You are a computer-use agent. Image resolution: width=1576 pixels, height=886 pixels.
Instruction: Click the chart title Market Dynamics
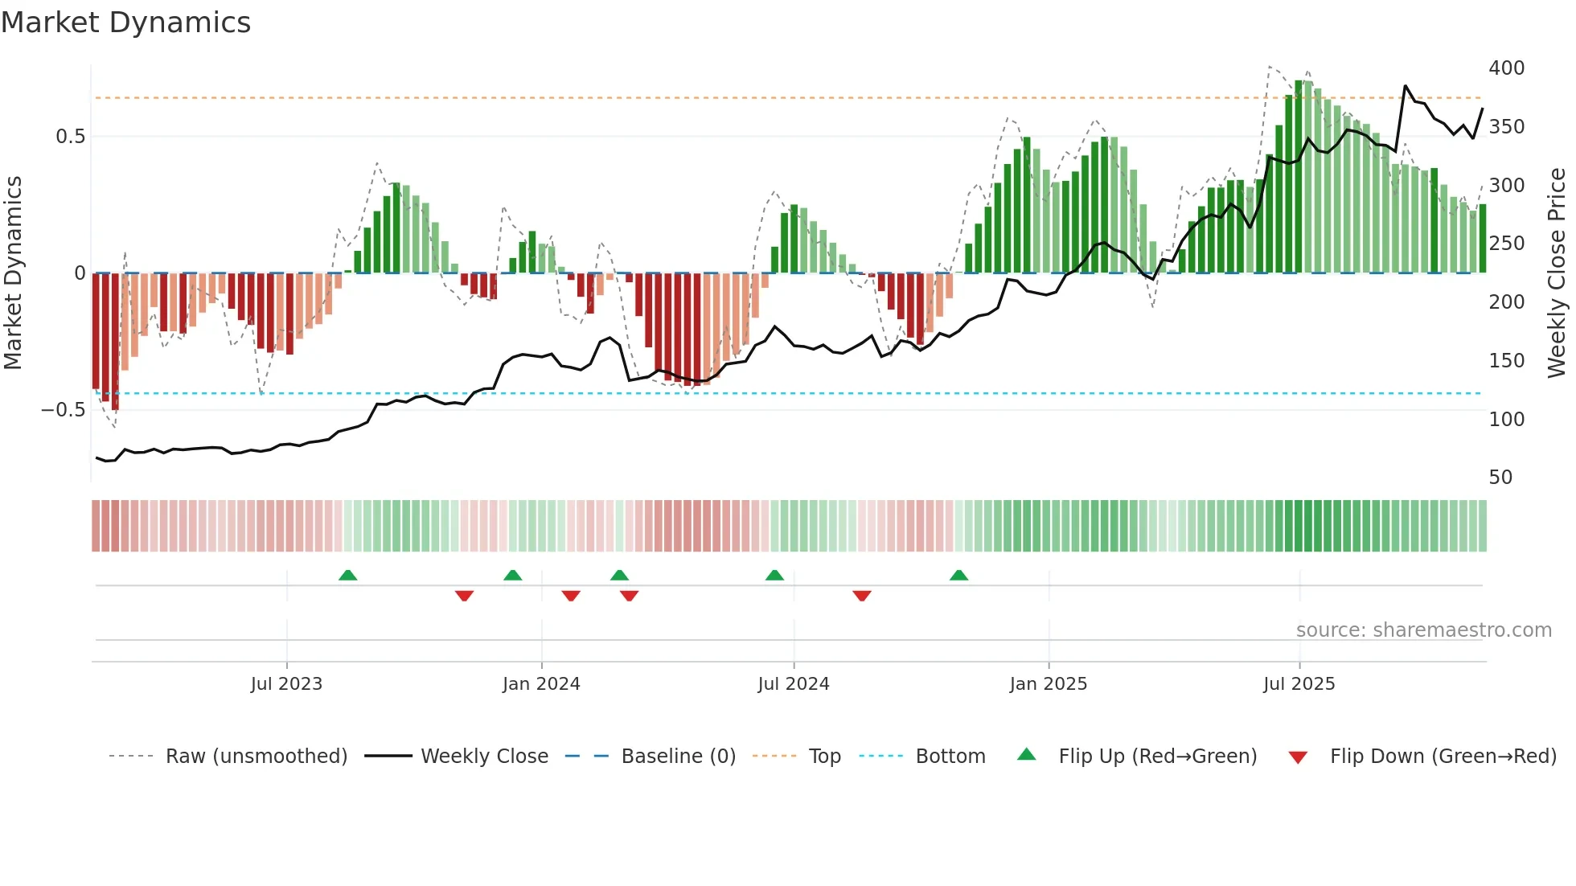tap(126, 23)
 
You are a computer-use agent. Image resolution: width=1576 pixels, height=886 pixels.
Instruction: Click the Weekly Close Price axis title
tap(1557, 273)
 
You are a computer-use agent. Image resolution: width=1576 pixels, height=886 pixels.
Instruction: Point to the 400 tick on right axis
tap(1506, 68)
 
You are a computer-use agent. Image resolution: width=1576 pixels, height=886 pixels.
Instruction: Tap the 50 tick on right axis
tap(1500, 478)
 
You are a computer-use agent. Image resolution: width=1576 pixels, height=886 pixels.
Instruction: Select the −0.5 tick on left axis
tap(63, 410)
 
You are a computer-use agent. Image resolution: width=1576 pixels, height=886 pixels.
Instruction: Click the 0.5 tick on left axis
tap(70, 137)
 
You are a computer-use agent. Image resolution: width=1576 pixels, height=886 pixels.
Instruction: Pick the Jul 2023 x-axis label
tap(286, 684)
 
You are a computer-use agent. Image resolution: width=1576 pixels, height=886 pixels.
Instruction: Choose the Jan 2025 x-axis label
tap(1048, 684)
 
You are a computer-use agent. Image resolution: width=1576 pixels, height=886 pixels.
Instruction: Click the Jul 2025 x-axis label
tap(1299, 684)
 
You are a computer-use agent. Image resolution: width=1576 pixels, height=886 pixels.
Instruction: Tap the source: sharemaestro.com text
tap(1423, 630)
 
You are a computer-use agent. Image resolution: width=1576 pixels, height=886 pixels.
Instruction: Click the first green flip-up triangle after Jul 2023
tap(347, 576)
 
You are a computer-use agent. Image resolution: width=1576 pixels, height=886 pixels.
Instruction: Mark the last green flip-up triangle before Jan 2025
tap(958, 576)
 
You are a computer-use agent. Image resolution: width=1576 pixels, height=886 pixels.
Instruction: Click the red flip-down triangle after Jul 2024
tap(862, 595)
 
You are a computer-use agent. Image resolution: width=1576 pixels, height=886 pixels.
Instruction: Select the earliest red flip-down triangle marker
tap(464, 595)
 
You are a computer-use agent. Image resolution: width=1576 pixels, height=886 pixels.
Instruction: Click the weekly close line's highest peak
tap(1405, 86)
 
